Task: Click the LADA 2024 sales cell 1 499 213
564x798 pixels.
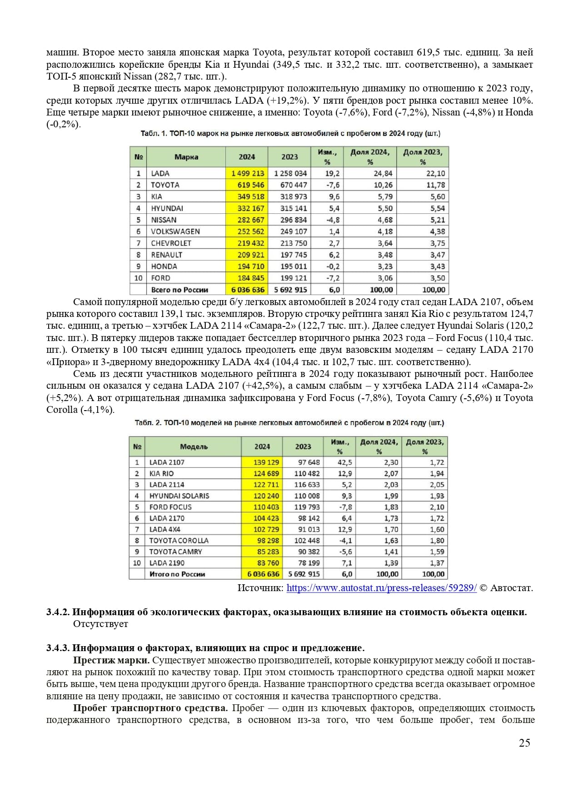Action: (x=247, y=173)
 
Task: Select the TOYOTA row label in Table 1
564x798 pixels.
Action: (x=165, y=185)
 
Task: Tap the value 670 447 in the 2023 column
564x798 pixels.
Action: (x=290, y=185)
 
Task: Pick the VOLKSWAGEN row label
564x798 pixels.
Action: (x=175, y=231)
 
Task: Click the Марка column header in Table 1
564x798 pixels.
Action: (x=186, y=157)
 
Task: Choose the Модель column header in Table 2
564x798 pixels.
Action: (x=194, y=447)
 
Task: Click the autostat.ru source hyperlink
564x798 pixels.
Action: (x=381, y=588)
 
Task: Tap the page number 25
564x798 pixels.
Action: (x=524, y=743)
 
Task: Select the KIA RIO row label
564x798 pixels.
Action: (x=161, y=473)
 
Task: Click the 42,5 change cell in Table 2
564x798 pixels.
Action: (x=344, y=462)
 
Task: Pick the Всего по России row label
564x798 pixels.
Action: (x=180, y=290)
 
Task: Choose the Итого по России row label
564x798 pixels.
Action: (x=177, y=574)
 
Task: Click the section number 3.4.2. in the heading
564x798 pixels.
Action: (x=58, y=612)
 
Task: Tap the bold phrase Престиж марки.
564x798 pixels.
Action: (x=111, y=660)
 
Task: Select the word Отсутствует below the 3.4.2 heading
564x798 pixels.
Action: (x=100, y=624)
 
